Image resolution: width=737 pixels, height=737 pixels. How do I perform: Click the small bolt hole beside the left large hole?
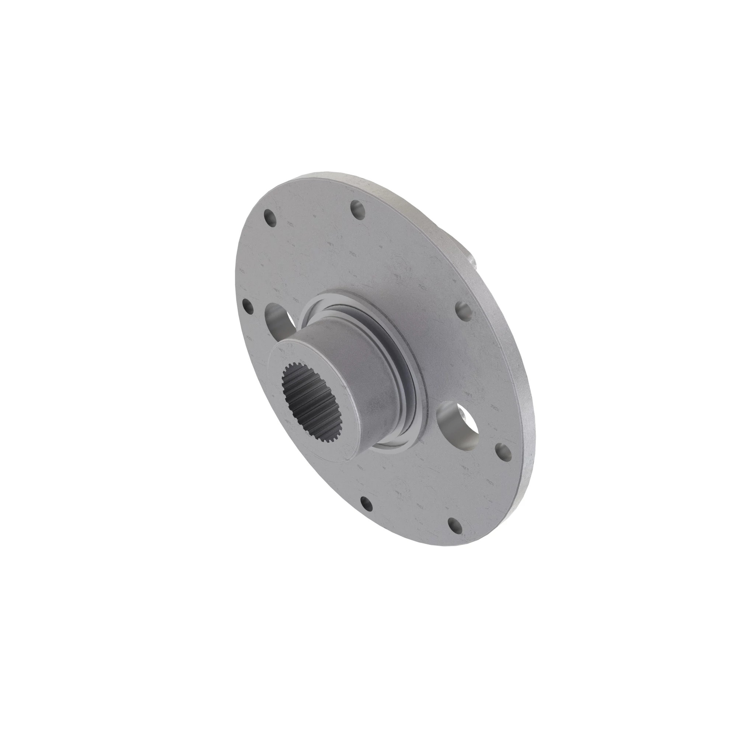coord(248,305)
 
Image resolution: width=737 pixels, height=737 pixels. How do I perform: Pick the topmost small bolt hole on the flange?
coord(357,208)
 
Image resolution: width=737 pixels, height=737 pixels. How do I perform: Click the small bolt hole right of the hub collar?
coord(464,310)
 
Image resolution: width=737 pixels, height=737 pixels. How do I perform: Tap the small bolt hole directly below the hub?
coord(366,506)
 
